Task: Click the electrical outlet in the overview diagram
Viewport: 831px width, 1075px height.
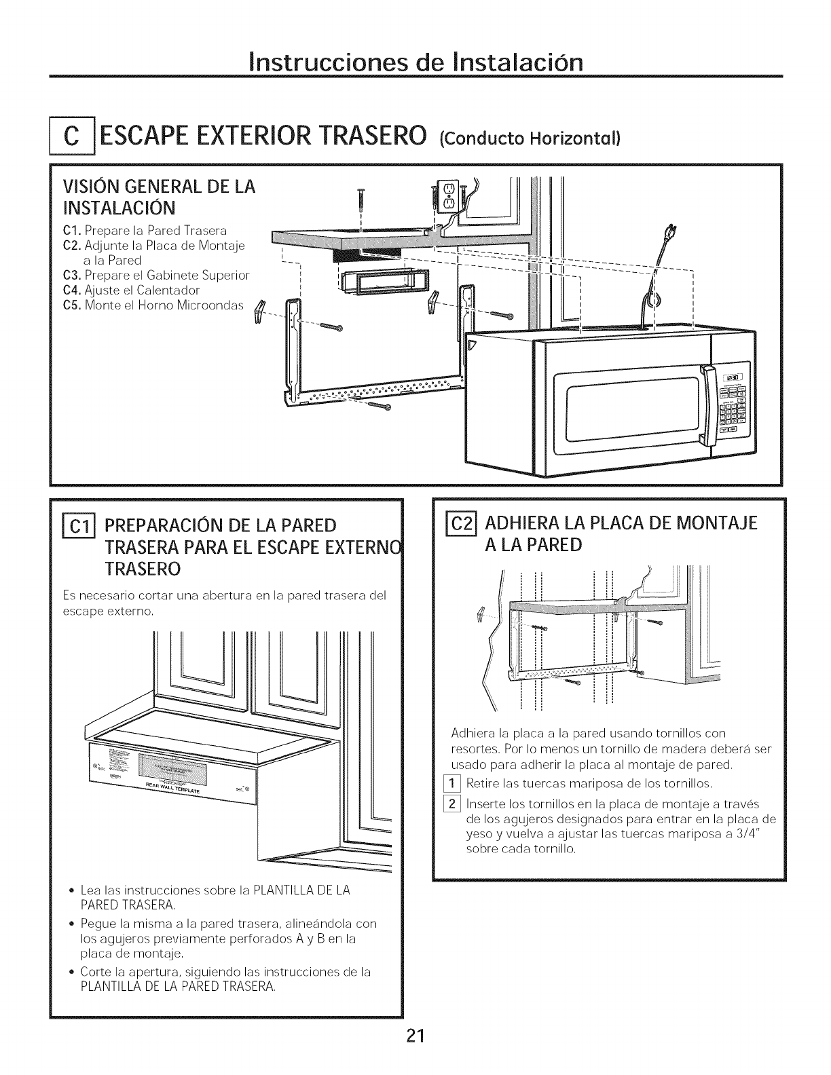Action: tap(448, 197)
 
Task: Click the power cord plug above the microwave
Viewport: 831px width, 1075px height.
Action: tap(673, 234)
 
